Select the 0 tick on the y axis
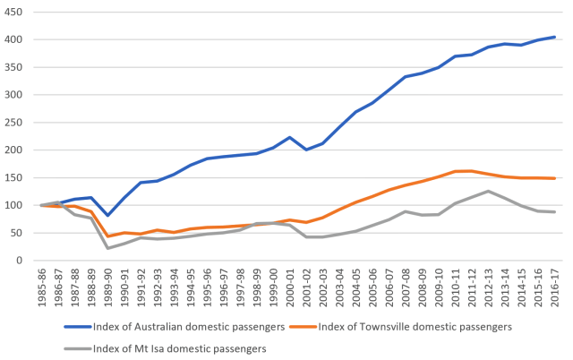[21, 261]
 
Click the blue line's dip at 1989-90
[107, 215]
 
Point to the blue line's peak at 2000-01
[289, 137]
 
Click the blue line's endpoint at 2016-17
[554, 37]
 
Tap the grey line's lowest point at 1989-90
[107, 248]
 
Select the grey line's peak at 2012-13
[487, 191]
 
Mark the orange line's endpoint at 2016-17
[554, 178]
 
